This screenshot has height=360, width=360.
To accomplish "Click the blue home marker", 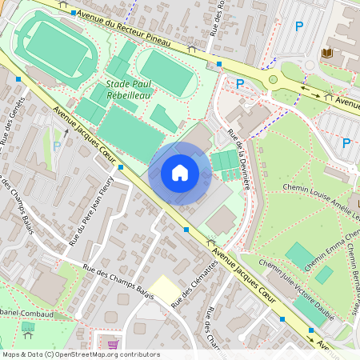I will coord(180,173).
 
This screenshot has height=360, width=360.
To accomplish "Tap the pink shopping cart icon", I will coord(112,344).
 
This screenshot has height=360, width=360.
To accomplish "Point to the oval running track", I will coord(54,50).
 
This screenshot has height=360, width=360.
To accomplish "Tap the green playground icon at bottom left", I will coord(29,326).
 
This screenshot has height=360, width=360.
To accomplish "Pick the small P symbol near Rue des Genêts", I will coord(57,145).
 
